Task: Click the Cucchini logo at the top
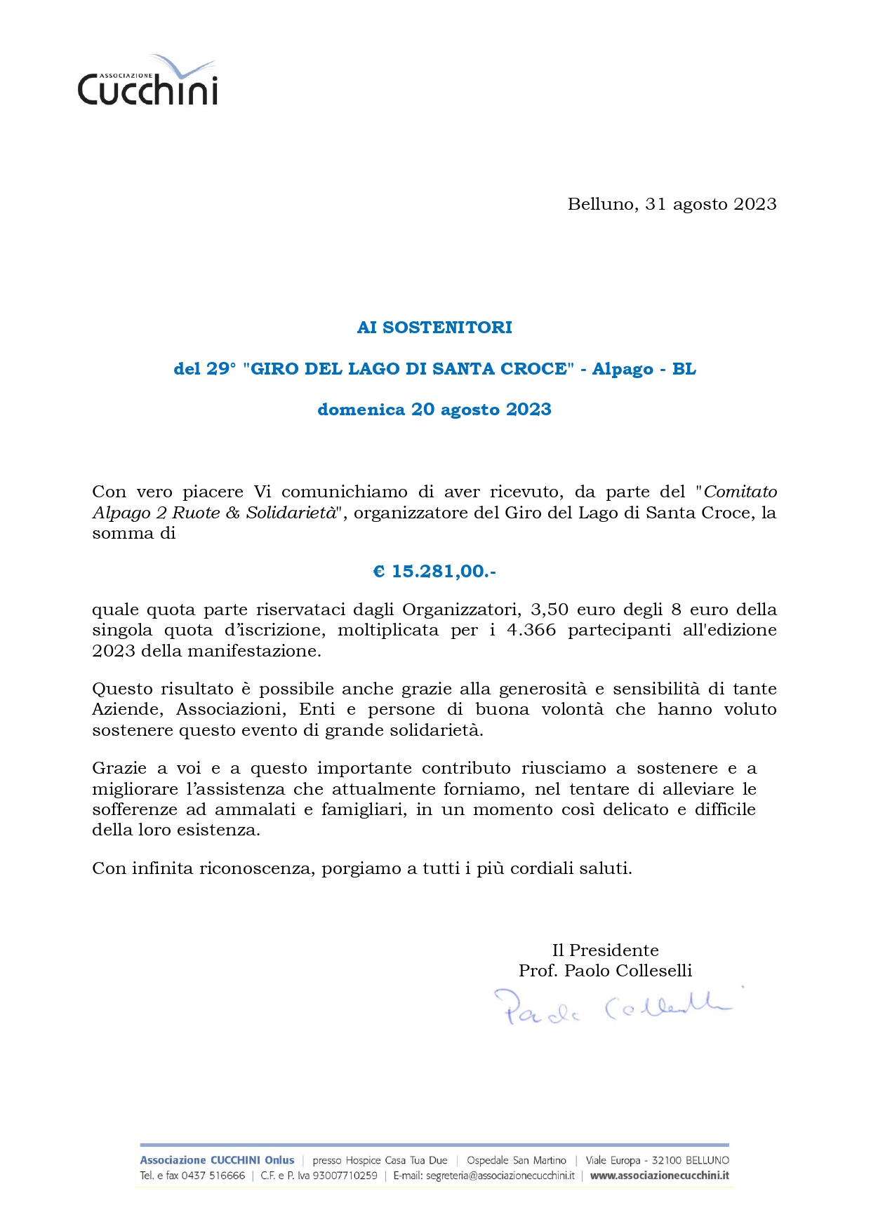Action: click(147, 82)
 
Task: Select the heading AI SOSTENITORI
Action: click(434, 328)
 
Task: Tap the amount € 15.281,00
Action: click(434, 572)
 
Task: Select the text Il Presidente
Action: click(605, 950)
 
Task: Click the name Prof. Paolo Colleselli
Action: click(605, 971)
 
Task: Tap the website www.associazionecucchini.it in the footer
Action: click(659, 1176)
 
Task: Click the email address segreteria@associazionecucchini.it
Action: click(484, 1176)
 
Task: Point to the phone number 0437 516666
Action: click(213, 1176)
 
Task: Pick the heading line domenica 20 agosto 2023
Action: click(434, 410)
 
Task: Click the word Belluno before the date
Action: click(602, 204)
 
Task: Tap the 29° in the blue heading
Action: click(221, 369)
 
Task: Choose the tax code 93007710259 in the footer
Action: click(345, 1176)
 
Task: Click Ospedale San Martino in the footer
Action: click(516, 1160)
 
